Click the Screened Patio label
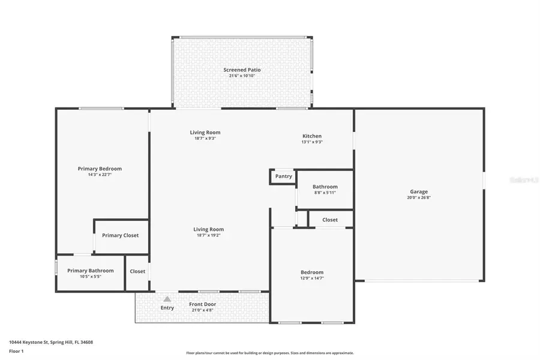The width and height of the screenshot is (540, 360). pos(242,70)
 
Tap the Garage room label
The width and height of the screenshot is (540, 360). pos(419,192)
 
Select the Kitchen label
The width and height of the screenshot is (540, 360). pos(311,136)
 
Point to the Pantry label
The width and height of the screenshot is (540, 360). pos(284,176)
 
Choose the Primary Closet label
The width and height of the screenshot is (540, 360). pos(120,235)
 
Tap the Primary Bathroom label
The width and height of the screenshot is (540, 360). pos(90,271)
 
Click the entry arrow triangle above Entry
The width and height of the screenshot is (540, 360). pos(167,299)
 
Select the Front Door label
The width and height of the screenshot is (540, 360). pos(202,304)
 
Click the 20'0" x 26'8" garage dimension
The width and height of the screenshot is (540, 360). pos(419,198)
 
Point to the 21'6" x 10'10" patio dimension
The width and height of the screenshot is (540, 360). pos(242,76)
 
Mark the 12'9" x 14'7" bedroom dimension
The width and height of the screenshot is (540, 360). pos(312,278)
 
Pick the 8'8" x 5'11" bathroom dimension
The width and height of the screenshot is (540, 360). pos(325,193)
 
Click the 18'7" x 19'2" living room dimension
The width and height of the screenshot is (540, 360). pos(208,235)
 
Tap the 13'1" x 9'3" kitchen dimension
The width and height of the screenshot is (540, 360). pos(311,142)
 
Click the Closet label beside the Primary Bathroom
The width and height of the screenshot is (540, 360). pos(137,271)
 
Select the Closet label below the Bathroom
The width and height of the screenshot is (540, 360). pos(330,220)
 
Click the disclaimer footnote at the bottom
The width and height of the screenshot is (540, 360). pos(270,353)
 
